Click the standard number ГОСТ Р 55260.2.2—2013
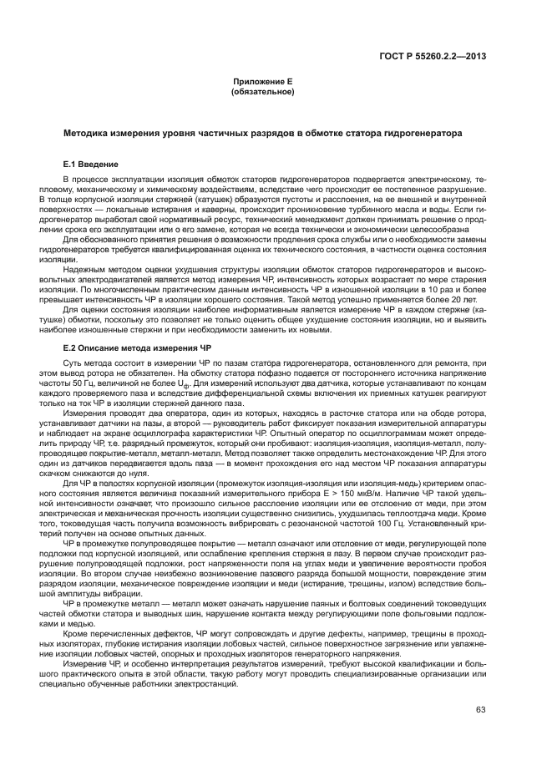[x=433, y=57]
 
